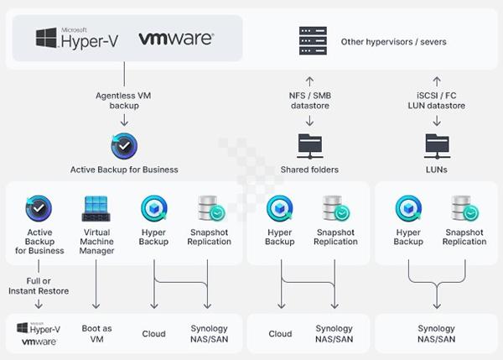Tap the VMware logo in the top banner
175,39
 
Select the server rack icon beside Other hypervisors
312,40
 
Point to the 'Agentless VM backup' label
124,102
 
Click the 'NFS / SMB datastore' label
309,102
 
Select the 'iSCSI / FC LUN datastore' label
437,102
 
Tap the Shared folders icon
309,145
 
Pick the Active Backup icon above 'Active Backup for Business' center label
124,146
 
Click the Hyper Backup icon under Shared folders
280,208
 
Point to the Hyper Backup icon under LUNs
408,208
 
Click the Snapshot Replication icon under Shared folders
335,208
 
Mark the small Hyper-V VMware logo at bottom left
38,333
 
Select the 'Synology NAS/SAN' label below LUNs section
436,333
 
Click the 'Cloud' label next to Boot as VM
153,333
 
